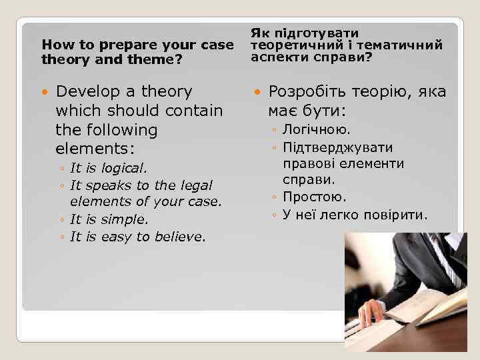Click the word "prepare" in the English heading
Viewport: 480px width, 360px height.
point(115,45)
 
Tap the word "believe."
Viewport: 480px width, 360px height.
point(180,236)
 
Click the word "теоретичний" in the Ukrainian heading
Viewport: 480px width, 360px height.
point(289,45)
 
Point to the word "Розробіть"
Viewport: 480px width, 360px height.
point(308,91)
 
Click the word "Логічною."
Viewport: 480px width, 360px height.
point(317,131)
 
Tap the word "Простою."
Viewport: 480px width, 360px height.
point(314,197)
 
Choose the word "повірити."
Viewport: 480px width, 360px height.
point(397,215)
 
